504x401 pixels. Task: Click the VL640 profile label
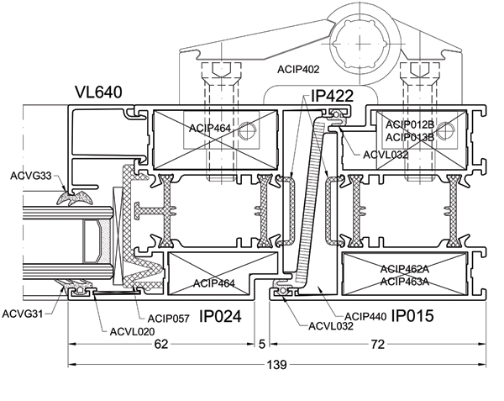coord(98,92)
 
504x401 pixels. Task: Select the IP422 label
coord(332,96)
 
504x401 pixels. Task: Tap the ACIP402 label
coord(298,70)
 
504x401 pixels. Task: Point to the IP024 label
coord(220,316)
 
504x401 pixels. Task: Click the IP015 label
coord(412,316)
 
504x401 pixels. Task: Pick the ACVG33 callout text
coord(31,176)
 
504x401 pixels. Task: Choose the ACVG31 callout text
coord(23,314)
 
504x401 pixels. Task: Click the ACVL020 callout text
coord(132,331)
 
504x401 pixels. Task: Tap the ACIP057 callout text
coord(169,319)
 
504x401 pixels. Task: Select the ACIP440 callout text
coord(365,317)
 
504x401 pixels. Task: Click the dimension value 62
coord(161,344)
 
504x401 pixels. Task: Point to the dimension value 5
coord(262,344)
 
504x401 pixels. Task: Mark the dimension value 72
coord(378,345)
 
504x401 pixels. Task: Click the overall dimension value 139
coord(276,365)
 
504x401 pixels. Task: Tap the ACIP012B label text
coord(410,124)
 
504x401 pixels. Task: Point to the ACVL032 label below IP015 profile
coord(331,326)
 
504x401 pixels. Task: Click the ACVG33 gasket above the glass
coord(75,198)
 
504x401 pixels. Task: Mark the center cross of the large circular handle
coord(360,44)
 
